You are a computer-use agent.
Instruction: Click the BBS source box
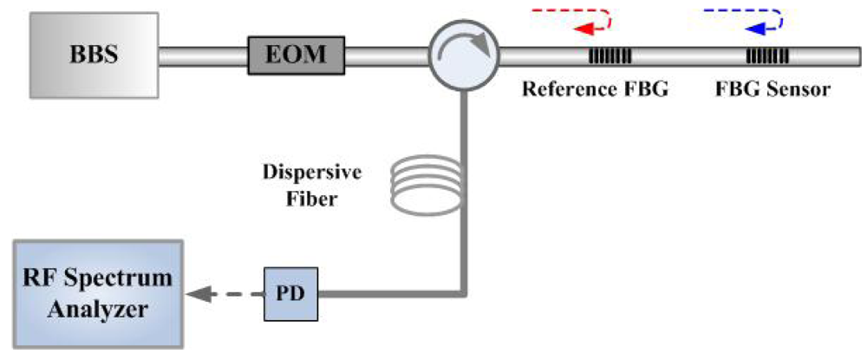(x=94, y=55)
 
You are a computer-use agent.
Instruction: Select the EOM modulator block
(x=296, y=56)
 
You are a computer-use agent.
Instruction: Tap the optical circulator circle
(x=465, y=56)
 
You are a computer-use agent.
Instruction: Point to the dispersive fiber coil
(x=421, y=185)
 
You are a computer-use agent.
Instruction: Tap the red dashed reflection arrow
(x=572, y=18)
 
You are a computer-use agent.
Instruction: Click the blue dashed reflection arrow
(x=744, y=18)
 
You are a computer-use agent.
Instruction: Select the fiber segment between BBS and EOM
(x=204, y=56)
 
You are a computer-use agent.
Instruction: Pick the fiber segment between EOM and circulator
(x=387, y=56)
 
